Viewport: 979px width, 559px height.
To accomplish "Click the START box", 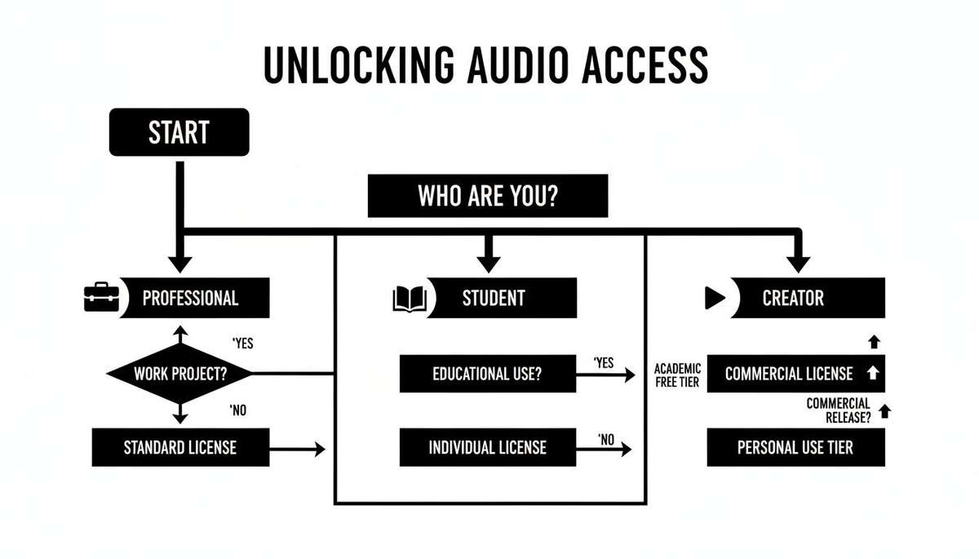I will point(179,132).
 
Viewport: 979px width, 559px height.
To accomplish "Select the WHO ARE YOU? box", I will point(488,196).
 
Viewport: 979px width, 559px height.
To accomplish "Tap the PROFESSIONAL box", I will point(190,298).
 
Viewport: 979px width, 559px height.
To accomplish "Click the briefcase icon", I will point(102,298).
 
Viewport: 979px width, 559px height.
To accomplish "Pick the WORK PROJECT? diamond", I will point(180,374).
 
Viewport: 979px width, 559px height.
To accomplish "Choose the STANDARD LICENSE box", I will point(180,447).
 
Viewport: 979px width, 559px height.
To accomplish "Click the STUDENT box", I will point(494,298).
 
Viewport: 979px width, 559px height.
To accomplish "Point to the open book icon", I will point(410,299).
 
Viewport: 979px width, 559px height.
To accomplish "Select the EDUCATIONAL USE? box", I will point(487,374).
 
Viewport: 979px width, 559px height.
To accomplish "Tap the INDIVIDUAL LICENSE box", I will point(487,447).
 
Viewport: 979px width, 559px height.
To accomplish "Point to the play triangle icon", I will point(715,299).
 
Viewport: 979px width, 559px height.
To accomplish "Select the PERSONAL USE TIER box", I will point(795,447).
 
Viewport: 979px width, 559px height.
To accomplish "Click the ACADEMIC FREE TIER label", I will point(677,375).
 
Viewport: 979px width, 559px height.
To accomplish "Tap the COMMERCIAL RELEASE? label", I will point(838,410).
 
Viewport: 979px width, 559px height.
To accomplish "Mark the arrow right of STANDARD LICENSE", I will point(298,448).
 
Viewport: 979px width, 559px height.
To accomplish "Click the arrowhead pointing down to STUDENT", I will point(488,263).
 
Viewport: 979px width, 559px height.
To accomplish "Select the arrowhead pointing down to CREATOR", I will point(799,263).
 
